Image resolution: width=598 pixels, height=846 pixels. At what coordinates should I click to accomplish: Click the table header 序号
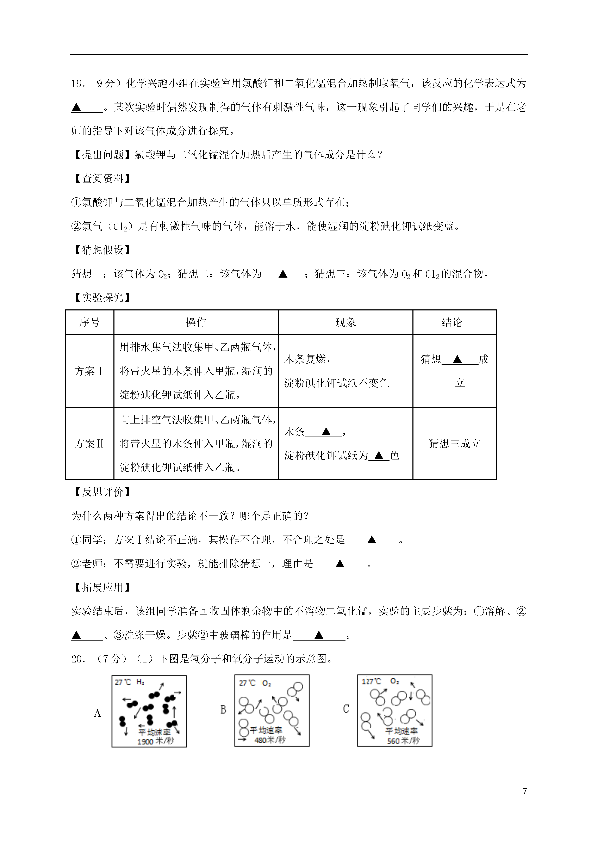89,322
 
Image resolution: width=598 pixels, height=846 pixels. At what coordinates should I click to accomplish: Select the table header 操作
196,322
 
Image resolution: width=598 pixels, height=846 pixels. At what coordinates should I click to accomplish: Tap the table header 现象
345,322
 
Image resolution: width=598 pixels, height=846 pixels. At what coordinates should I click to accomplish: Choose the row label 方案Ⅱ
89,444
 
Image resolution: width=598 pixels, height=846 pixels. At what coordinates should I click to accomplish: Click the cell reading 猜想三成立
455,444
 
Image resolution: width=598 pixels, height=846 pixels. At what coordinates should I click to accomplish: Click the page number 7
525,791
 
